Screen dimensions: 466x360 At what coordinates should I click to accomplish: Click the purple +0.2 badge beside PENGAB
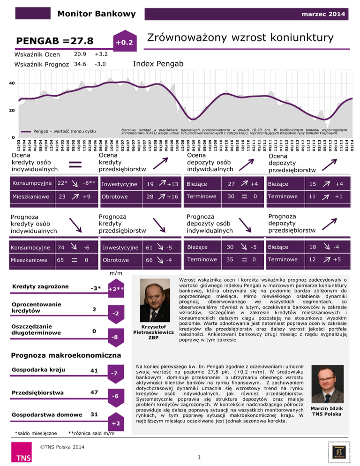pos(125,42)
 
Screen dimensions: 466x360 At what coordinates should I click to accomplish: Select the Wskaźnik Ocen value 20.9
pos(81,54)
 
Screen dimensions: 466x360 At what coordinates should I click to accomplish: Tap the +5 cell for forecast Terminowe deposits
pos(336,259)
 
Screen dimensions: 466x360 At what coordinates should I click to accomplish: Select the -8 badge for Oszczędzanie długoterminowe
pos(114,337)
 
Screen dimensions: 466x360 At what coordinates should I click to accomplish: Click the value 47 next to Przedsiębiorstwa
pos(94,391)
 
